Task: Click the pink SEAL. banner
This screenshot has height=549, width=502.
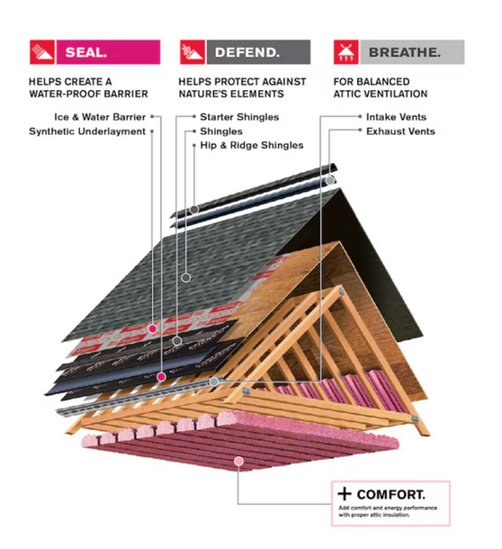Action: pyautogui.click(x=108, y=52)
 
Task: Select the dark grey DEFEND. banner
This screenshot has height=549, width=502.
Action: pyautogui.click(x=258, y=52)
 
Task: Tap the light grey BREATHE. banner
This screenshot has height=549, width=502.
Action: pyautogui.click(x=412, y=52)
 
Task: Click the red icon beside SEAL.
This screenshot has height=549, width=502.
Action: pyautogui.click(x=42, y=52)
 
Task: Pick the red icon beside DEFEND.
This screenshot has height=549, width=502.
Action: pyautogui.click(x=193, y=52)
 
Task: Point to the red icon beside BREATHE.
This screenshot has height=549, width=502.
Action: pyautogui.click(x=345, y=52)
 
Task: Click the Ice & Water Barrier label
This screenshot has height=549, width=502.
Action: pyautogui.click(x=100, y=117)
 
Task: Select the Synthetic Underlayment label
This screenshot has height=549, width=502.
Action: pyautogui.click(x=87, y=131)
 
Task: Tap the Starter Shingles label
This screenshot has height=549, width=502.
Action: pyautogui.click(x=239, y=117)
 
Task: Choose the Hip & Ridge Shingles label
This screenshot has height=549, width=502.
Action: pyautogui.click(x=252, y=145)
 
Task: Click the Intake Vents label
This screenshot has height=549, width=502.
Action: pyautogui.click(x=396, y=117)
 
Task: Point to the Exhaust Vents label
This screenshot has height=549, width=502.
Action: pyautogui.click(x=400, y=131)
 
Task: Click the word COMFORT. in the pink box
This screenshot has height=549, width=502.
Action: pyautogui.click(x=391, y=494)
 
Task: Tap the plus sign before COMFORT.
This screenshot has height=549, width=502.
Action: pyautogui.click(x=345, y=494)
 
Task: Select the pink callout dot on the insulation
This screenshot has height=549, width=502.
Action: pyautogui.click(x=238, y=461)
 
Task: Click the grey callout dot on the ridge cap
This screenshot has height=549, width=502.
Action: pyautogui.click(x=194, y=210)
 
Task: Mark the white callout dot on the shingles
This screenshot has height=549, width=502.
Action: pyautogui.click(x=186, y=278)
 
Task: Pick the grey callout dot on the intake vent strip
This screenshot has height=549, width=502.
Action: pyautogui.click(x=214, y=382)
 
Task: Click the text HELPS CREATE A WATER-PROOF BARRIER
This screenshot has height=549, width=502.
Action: pyautogui.click(x=88, y=88)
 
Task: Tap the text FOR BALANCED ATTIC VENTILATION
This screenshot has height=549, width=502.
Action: pyautogui.click(x=381, y=88)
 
